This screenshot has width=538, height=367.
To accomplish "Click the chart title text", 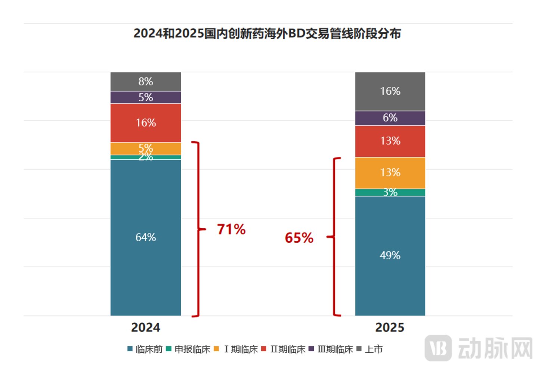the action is (x=267, y=33).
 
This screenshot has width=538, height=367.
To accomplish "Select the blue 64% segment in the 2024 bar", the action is (x=146, y=238).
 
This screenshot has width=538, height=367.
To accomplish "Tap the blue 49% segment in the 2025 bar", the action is (x=390, y=256).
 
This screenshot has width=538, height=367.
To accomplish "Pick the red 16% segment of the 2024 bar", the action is (x=146, y=123).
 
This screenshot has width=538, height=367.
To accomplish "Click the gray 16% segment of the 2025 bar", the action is (x=390, y=91).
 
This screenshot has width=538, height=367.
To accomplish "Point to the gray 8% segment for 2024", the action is (x=146, y=82).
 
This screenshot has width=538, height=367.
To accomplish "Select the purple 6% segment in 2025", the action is (x=390, y=118).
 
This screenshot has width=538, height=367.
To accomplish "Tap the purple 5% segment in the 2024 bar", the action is (x=146, y=97).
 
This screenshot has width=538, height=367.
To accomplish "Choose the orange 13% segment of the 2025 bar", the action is (x=390, y=173).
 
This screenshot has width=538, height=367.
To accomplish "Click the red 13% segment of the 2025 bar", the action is (x=390, y=141).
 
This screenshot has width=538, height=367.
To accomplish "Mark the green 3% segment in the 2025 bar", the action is (x=390, y=193).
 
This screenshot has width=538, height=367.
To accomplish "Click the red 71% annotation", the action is (x=231, y=229).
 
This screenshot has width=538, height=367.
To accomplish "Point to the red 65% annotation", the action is (x=299, y=238).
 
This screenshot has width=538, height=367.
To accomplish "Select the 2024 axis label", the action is (x=146, y=327).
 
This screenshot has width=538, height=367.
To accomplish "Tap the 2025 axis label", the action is (x=390, y=327).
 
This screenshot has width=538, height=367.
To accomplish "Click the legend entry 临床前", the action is (x=145, y=349).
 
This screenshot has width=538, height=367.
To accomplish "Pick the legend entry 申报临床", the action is (x=188, y=349).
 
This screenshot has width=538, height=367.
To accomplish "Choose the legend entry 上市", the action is (x=370, y=349).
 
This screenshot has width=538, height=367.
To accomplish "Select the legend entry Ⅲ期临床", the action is (x=331, y=349).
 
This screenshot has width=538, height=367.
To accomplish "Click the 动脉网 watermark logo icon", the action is (x=438, y=348).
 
